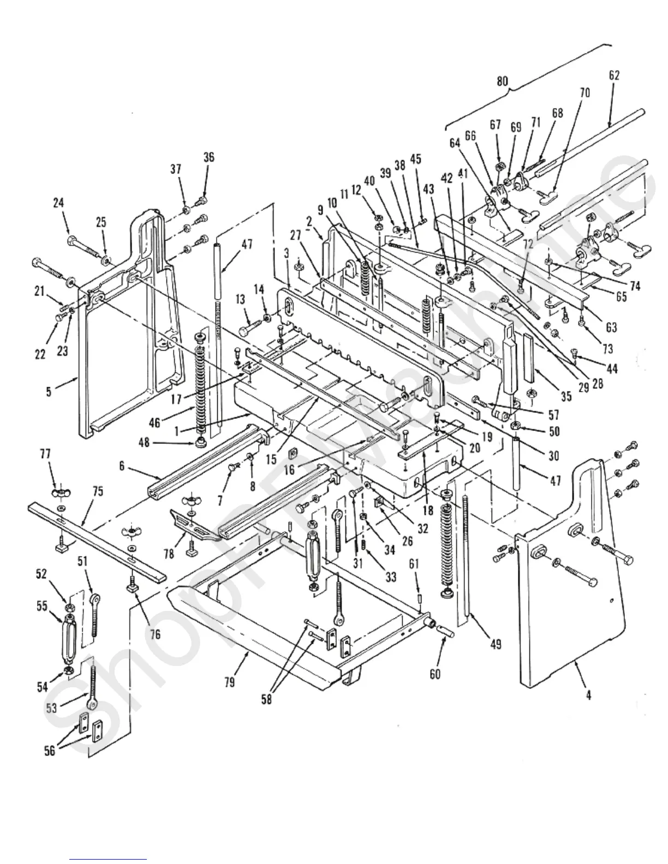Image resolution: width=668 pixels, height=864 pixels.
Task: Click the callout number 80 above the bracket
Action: point(502,81)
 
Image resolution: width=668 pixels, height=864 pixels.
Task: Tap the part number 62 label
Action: point(614,76)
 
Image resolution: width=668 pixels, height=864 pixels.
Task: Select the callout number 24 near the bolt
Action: point(58,202)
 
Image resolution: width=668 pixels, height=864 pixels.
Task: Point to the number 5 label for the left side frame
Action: point(49,391)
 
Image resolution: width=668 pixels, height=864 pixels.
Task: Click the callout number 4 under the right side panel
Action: point(588,696)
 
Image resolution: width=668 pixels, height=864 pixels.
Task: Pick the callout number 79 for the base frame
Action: point(229,682)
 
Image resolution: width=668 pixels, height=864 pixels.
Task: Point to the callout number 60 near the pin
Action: point(434,674)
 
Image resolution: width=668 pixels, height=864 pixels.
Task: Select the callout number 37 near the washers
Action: point(175,170)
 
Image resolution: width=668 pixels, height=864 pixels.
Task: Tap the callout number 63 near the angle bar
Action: point(611,327)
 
